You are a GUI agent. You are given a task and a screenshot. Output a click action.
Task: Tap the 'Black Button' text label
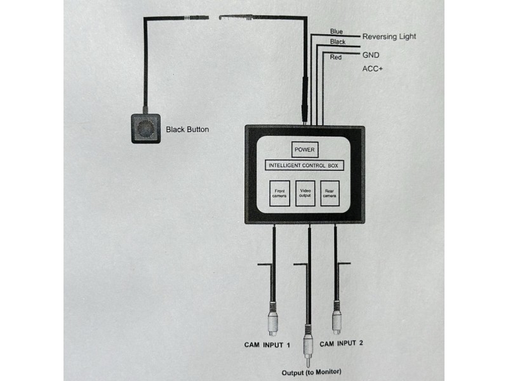click(187, 130)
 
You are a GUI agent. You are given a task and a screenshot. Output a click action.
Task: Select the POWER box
click(304, 150)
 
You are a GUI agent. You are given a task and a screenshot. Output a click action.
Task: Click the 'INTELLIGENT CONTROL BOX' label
click(304, 166)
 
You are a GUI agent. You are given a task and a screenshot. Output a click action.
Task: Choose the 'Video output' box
click(305, 194)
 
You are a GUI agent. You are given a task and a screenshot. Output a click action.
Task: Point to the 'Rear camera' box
click(330, 194)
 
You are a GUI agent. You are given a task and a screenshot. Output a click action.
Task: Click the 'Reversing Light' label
click(389, 36)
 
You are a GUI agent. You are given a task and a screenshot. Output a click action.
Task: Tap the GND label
click(371, 55)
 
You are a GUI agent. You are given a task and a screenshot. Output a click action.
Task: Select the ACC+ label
click(373, 69)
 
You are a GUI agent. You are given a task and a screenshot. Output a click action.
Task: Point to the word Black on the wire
click(338, 42)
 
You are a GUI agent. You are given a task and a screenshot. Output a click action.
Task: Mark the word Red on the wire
click(336, 58)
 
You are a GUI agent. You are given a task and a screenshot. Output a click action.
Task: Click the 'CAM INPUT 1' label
click(267, 345)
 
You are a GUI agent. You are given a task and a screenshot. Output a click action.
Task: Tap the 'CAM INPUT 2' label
click(341, 344)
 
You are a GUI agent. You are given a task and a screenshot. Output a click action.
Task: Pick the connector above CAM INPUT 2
click(336, 319)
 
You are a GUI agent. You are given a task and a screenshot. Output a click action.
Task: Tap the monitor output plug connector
click(309, 343)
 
